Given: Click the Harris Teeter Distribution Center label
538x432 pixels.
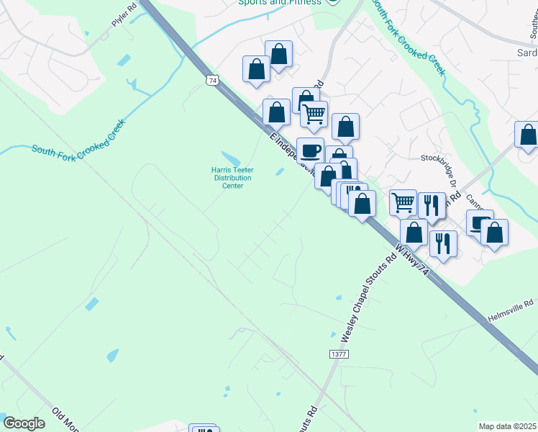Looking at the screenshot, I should [232, 177].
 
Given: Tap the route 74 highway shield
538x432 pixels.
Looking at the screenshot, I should [211, 81].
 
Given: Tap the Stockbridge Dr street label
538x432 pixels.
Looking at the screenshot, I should [439, 158].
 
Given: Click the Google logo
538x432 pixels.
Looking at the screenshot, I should [24, 423].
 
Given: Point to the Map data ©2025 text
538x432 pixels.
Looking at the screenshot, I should [507, 426].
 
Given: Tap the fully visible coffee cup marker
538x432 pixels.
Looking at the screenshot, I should [310, 151].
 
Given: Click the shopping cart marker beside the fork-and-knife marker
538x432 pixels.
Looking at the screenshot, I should [403, 202].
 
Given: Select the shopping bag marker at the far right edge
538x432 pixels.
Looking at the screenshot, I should [528, 135].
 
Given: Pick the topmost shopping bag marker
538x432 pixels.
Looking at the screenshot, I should [278, 54].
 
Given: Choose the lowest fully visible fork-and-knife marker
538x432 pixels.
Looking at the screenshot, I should [443, 243].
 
